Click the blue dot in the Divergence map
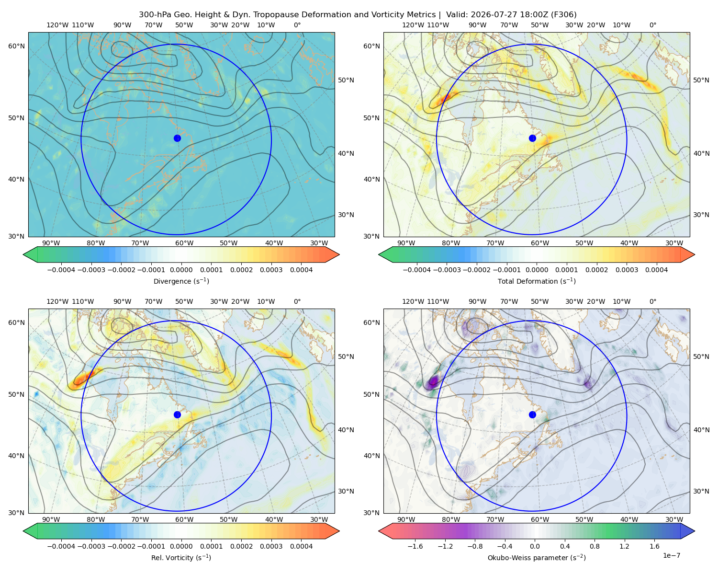point(177,138)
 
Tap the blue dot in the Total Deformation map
point(532,138)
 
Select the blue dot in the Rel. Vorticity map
point(177,414)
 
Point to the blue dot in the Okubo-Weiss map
point(532,414)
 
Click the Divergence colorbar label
point(181,281)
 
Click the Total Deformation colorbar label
point(537,281)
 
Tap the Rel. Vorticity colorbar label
point(181,558)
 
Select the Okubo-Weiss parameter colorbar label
point(537,558)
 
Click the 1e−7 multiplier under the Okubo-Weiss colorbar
point(671,555)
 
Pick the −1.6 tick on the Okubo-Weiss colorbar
point(415,546)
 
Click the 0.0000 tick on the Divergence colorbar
point(181,270)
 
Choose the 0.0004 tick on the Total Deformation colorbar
point(656,270)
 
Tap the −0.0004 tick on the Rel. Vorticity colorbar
point(61,546)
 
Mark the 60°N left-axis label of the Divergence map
point(16,46)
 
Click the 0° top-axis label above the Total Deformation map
point(652,25)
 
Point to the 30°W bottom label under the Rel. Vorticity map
point(319,519)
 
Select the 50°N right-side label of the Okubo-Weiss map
point(701,356)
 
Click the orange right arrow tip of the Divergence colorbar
point(339,254)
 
